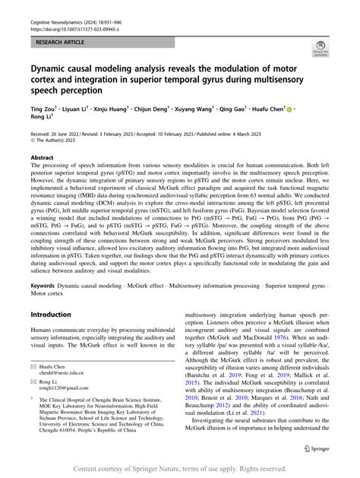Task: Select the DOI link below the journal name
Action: (x=65, y=14)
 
